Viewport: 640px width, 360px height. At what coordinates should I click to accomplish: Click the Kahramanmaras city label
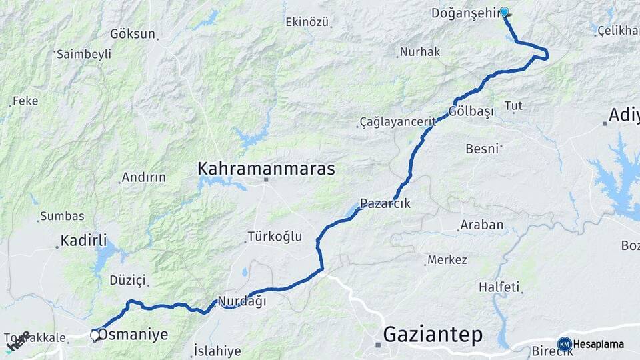point(266,169)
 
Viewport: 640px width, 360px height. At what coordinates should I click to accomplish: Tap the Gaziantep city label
point(433,335)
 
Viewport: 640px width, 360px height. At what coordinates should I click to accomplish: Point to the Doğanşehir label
point(465,13)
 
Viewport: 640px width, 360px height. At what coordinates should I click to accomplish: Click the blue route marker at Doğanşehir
point(504,11)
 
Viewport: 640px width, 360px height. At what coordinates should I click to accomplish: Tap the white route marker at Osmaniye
point(95,335)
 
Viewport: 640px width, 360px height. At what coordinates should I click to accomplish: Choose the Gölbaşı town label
point(471,111)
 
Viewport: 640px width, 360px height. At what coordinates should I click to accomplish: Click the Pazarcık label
point(385,203)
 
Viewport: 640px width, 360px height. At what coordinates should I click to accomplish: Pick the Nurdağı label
point(242,301)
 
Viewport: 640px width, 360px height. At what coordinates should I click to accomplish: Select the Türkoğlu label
point(275,236)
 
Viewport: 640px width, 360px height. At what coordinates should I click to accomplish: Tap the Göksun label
point(133,33)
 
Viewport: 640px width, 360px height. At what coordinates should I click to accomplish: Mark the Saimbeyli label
point(83,55)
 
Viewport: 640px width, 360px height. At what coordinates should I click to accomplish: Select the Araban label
point(481,225)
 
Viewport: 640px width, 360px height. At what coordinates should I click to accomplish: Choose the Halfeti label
point(499,287)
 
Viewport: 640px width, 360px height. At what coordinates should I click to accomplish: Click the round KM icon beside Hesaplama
point(565,344)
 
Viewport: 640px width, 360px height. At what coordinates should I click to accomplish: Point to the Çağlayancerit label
point(397,121)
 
